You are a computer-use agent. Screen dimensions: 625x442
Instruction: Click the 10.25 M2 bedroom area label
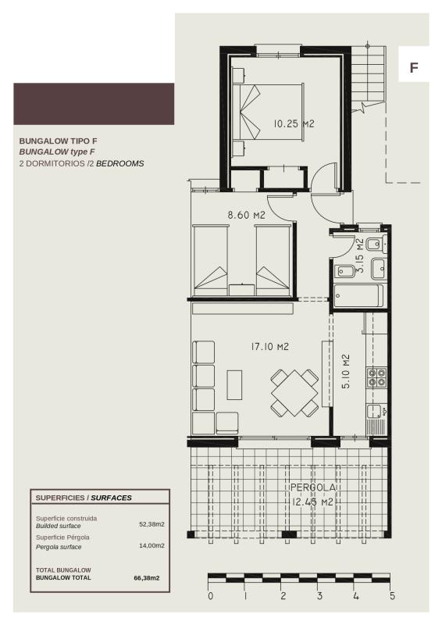pyautogui.click(x=294, y=123)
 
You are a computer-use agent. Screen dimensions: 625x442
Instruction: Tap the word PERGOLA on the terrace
pyautogui.click(x=312, y=487)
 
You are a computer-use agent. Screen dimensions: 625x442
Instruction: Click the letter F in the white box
pyautogui.click(x=414, y=68)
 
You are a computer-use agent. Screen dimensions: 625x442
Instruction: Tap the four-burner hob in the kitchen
pyautogui.click(x=376, y=377)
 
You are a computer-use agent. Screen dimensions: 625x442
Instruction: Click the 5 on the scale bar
pyautogui.click(x=392, y=596)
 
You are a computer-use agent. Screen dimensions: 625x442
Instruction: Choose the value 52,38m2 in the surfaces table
pyautogui.click(x=151, y=524)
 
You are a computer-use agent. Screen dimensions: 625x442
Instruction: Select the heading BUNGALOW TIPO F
pyautogui.click(x=58, y=141)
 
